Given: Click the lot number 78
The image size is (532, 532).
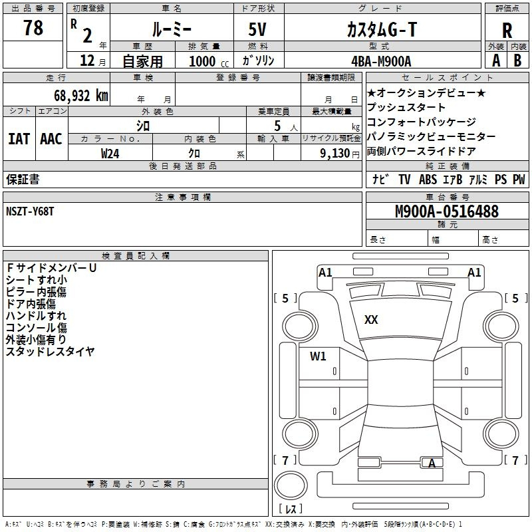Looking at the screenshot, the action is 33,27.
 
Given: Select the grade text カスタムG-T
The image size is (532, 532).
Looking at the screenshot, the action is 382,29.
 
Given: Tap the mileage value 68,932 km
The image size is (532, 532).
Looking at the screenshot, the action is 81,96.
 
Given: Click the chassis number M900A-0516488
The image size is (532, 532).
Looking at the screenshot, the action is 447,211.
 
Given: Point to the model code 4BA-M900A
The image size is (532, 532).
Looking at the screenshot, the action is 381,61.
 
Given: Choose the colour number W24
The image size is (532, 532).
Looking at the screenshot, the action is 110,154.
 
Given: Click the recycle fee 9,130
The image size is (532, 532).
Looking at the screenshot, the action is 335,154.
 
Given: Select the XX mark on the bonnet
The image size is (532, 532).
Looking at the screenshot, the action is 371,320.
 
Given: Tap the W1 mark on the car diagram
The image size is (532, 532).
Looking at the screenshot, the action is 318,356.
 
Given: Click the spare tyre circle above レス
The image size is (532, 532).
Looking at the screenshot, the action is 291,485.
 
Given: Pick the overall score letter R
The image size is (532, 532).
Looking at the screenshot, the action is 507,31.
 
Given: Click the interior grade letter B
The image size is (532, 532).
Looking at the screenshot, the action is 517,61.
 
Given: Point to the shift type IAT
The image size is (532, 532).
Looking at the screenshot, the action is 19,139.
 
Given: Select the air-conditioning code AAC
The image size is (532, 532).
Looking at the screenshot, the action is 51,139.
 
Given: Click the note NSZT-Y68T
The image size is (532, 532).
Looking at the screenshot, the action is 30,211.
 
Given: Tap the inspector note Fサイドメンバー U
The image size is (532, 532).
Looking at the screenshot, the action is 51,268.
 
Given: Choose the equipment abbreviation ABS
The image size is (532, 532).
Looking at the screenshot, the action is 428,179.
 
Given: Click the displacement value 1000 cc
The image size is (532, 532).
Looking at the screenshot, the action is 209,61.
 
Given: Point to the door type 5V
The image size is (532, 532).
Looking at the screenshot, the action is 257,29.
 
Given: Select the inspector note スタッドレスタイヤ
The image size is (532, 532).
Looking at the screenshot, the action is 50,351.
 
